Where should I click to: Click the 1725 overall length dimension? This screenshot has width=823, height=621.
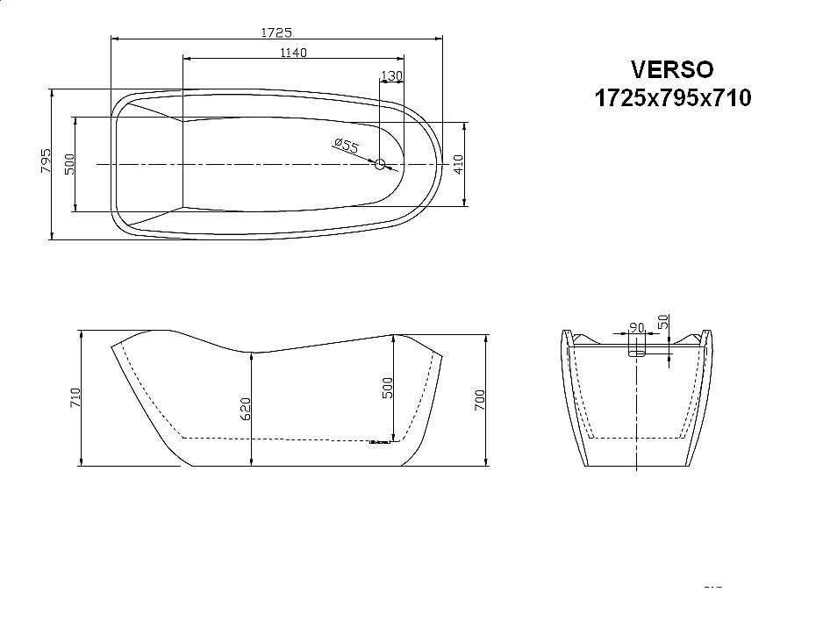point(276,32)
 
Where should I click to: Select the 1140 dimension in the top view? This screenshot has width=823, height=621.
point(293,53)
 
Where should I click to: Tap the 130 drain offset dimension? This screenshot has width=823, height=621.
point(392,76)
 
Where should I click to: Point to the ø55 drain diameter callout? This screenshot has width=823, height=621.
point(347,146)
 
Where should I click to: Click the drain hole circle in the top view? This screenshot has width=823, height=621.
point(381,164)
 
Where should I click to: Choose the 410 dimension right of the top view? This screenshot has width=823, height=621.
point(458,163)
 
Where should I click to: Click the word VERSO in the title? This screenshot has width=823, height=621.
point(673,68)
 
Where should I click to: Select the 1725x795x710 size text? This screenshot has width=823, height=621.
point(673,97)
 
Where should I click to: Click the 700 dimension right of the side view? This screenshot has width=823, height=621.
point(479,401)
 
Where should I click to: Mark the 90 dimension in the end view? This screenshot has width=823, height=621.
point(637,328)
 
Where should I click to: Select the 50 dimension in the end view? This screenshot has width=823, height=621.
point(663,322)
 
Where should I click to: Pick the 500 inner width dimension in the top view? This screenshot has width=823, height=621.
point(69,163)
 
